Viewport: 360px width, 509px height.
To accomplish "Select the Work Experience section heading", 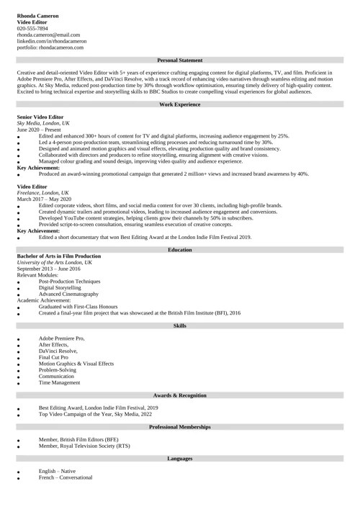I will click(x=179, y=104).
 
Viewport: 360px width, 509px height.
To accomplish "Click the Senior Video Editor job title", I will click(x=40, y=117).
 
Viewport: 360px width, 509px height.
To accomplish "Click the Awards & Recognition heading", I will click(x=179, y=396).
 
